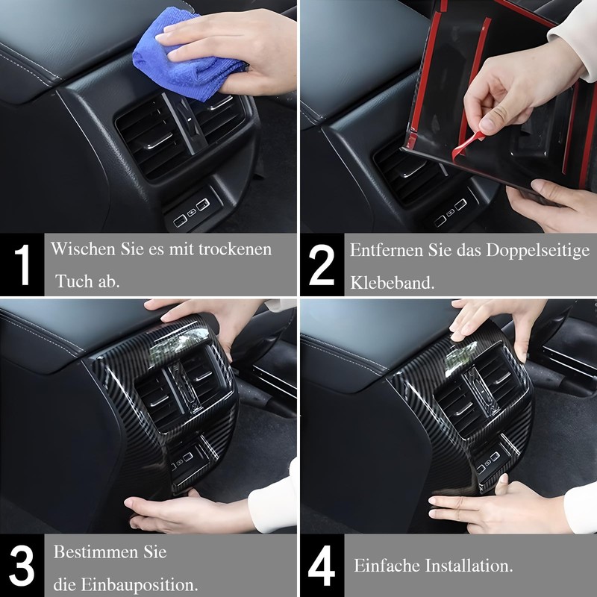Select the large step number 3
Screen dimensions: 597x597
(x=22, y=566)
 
